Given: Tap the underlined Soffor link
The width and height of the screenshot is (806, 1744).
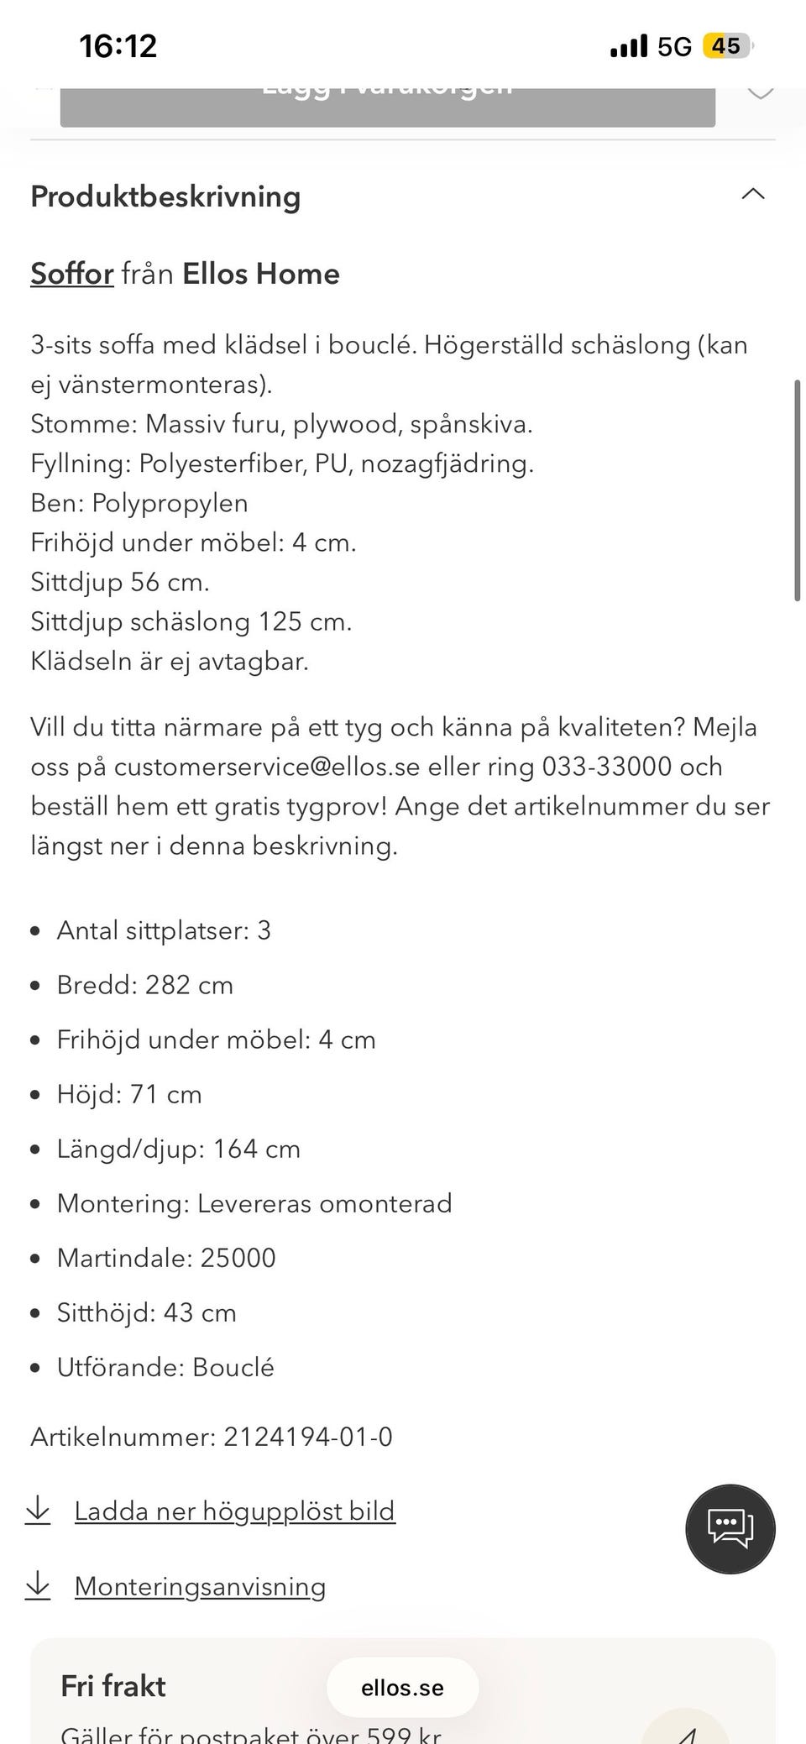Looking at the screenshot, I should (72, 275).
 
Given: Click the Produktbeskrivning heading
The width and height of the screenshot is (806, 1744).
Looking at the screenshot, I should (165, 196).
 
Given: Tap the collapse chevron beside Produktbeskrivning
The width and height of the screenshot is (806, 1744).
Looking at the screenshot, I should (753, 194).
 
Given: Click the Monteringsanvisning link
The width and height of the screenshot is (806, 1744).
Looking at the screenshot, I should (200, 1586).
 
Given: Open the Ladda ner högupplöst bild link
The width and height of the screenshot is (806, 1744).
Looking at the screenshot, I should (234, 1511).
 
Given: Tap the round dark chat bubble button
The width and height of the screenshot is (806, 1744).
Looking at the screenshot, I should (730, 1528).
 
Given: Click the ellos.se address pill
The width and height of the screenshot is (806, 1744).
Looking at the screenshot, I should (402, 1688).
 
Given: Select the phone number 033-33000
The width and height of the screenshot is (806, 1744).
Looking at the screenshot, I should (607, 767).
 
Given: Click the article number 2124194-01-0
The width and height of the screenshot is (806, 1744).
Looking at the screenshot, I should (307, 1437).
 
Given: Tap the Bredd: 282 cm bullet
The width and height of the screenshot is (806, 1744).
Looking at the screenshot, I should (144, 985).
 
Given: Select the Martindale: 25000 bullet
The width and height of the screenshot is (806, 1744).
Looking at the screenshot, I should (166, 1258).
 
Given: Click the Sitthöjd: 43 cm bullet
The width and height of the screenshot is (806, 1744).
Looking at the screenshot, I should (146, 1312).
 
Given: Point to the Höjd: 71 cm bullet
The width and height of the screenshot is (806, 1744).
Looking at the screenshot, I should (129, 1094).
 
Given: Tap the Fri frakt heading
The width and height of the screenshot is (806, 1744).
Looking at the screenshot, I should (113, 1686).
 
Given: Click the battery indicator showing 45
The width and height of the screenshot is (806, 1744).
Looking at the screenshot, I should (727, 45).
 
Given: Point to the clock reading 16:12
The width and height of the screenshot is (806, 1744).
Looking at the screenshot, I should (118, 45).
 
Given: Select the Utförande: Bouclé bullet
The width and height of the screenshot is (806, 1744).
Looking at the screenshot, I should (165, 1367).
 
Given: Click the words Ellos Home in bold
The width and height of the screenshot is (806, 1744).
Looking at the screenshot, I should (260, 275).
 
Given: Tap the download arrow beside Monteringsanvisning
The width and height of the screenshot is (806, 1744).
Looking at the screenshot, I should (38, 1585).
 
